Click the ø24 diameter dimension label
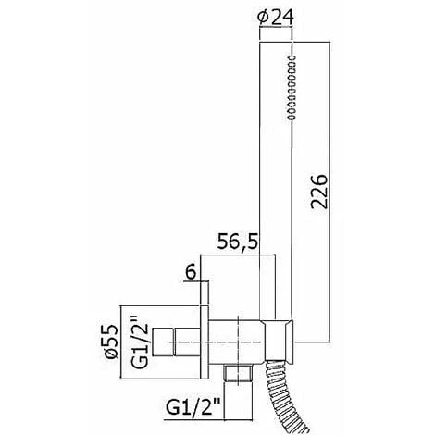(x=276, y=18)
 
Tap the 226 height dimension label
(x=318, y=192)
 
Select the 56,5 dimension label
(x=237, y=242)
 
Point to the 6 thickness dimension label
(x=192, y=272)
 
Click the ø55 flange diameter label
(x=111, y=342)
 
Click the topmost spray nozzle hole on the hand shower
(x=292, y=57)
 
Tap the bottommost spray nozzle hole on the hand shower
(x=292, y=117)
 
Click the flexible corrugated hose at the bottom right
(x=284, y=396)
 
